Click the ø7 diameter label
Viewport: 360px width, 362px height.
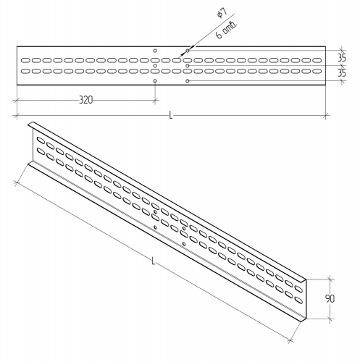tap(222, 13)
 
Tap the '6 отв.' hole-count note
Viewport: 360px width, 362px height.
tap(227, 30)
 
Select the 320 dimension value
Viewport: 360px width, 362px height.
tap(85, 100)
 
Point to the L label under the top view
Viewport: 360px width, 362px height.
tap(171, 115)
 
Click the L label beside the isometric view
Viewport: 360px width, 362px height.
tap(153, 261)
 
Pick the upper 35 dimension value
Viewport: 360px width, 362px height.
tap(341, 58)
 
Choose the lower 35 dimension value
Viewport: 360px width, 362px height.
tap(341, 73)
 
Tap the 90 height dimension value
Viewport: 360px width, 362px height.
tap(330, 299)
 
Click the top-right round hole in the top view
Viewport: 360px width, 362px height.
tap(188, 51)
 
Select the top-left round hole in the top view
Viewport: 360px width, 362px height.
tap(155, 51)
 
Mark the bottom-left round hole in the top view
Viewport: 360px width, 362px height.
tap(155, 80)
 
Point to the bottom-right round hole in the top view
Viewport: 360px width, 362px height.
tap(188, 80)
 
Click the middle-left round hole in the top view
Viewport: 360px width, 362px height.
tap(155, 66)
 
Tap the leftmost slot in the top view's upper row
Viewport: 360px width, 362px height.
tap(25, 60)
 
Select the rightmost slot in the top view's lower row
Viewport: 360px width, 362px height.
tap(317, 71)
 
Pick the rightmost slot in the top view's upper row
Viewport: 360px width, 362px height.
tap(317, 60)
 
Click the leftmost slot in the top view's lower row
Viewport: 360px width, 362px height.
tap(25, 71)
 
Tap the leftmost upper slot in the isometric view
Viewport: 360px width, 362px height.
tap(41, 140)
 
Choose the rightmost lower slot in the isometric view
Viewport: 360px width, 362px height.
tap(298, 300)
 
